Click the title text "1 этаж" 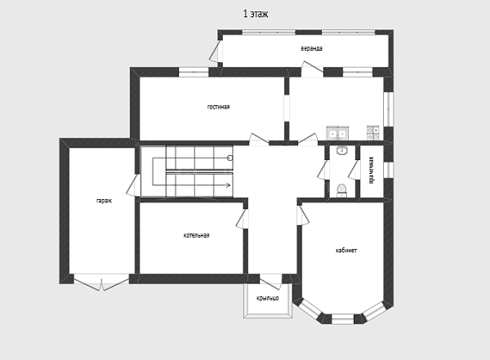(x=256, y=14)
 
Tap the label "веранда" (x=312, y=48)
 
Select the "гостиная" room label (x=218, y=107)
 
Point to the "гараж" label (x=104, y=201)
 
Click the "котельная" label (x=196, y=235)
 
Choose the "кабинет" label (x=346, y=251)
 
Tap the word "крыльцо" (x=268, y=298)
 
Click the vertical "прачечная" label (x=372, y=171)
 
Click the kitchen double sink (x=337, y=133)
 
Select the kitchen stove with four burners (x=373, y=133)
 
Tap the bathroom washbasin (x=342, y=151)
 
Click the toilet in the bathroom (x=342, y=190)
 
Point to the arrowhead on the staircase (x=229, y=185)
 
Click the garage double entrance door (x=101, y=282)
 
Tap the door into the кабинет (x=303, y=215)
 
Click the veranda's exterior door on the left (x=216, y=51)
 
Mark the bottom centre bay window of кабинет (x=342, y=319)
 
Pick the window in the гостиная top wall (x=194, y=72)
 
